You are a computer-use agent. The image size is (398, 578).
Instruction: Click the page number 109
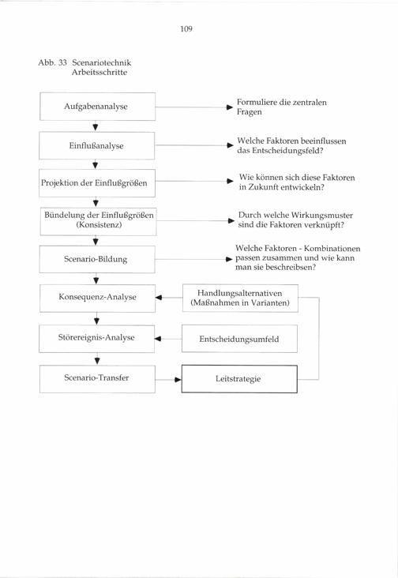186,28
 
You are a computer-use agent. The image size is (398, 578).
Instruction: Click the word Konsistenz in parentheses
99,224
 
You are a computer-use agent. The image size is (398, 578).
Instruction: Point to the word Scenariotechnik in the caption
102,62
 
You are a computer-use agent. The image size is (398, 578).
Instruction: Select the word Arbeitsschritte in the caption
99,73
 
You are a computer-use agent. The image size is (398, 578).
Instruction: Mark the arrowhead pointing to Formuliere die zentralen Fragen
230,107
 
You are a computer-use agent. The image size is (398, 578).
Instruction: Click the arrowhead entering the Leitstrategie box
178,379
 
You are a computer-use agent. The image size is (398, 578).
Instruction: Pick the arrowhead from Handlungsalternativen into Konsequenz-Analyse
159,298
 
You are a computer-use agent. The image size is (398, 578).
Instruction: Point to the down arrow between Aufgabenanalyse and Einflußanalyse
96,126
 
